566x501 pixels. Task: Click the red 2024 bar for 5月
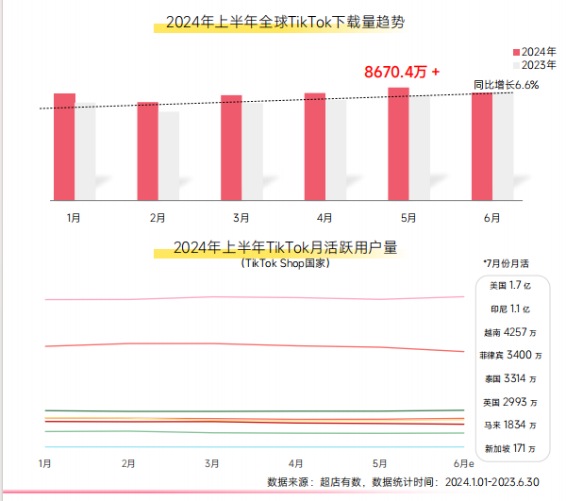(x=398, y=143)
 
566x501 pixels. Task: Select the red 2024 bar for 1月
(x=64, y=146)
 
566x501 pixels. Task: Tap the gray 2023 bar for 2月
(x=169, y=156)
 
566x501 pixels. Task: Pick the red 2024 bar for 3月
(x=231, y=147)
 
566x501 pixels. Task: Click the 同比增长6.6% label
(x=506, y=85)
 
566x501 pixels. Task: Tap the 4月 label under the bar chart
(x=324, y=218)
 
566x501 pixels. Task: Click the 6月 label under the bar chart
(x=491, y=218)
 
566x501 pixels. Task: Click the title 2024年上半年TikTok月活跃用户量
(x=286, y=248)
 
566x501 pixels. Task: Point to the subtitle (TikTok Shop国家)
(x=285, y=264)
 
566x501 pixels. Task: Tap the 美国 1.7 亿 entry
(x=509, y=285)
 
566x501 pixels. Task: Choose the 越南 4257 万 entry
(x=509, y=332)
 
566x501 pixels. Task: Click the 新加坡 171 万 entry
(x=510, y=448)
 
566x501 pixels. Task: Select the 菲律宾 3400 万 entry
(x=510, y=356)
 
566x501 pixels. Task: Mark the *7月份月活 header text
(x=507, y=263)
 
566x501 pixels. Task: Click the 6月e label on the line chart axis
(x=462, y=463)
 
